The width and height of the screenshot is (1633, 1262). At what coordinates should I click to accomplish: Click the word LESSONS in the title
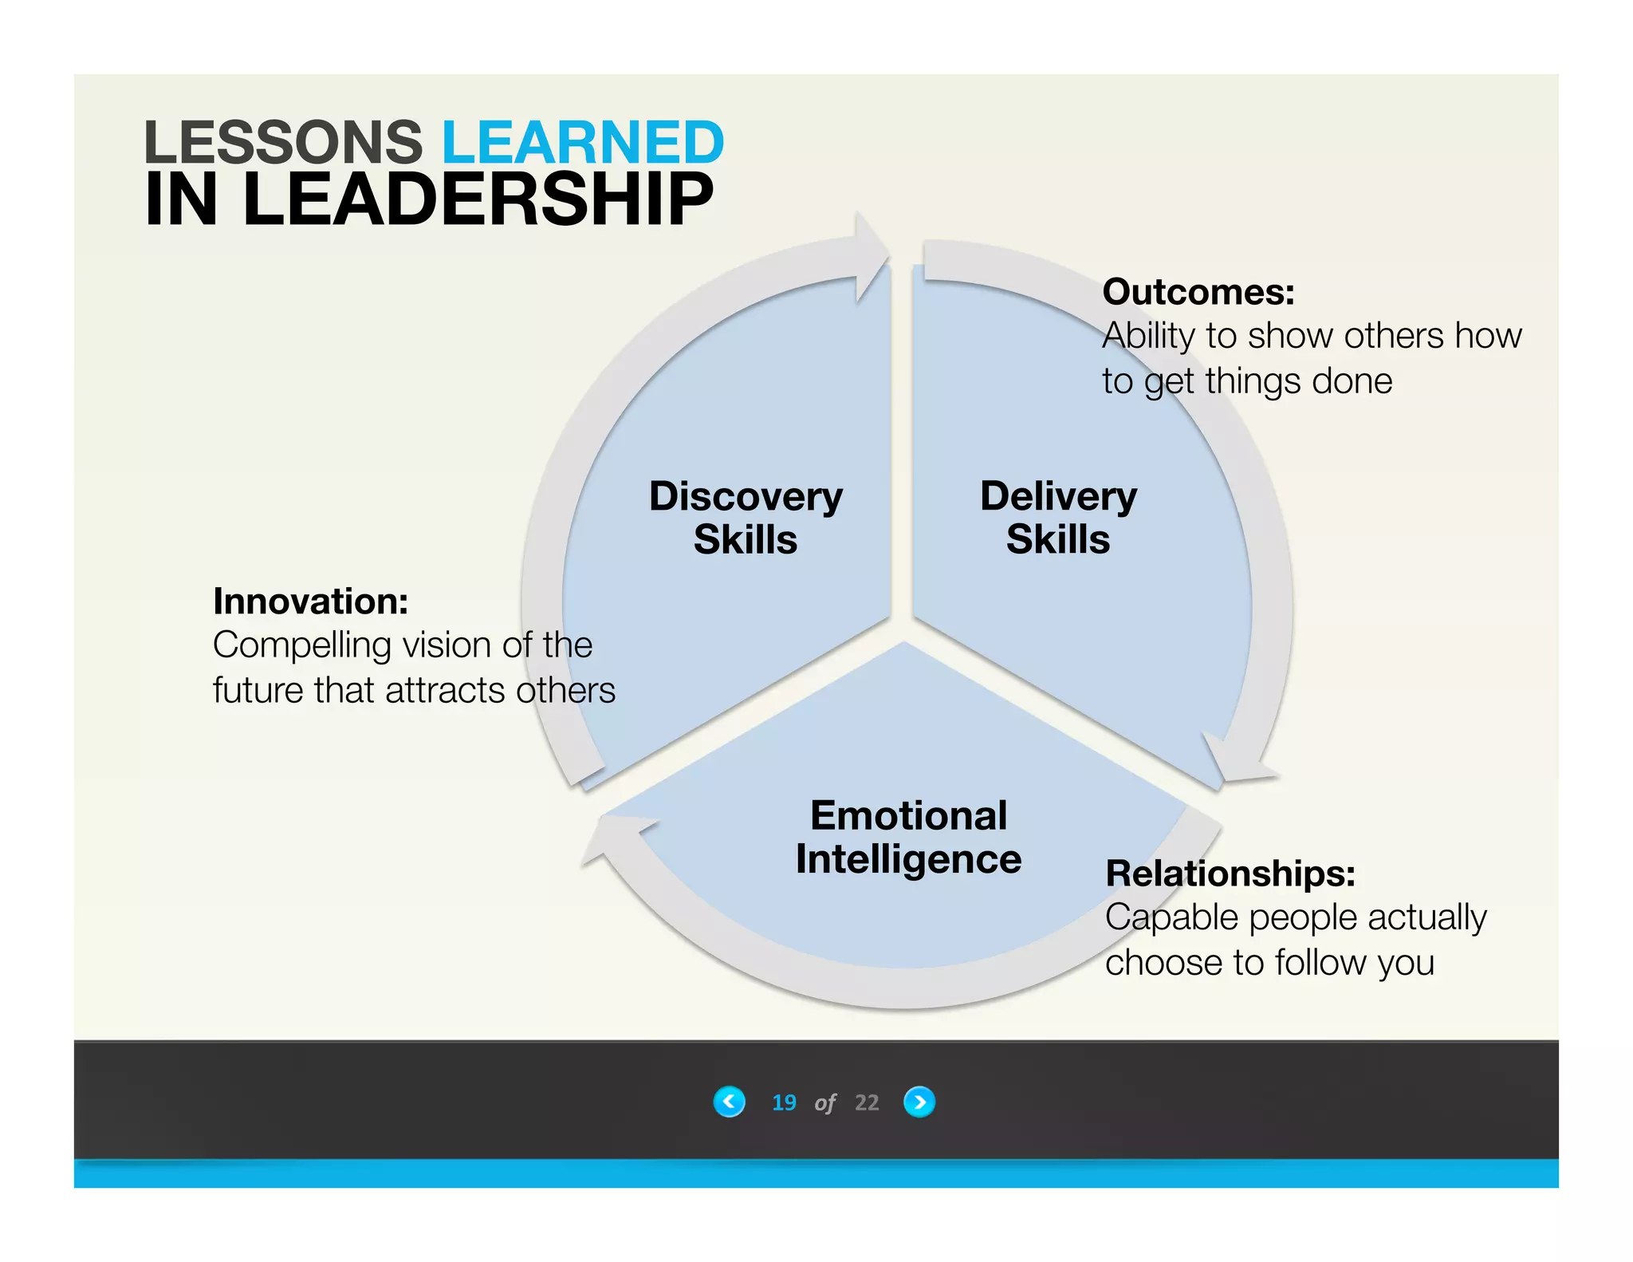282,143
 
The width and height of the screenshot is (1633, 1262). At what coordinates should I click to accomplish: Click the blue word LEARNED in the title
582,143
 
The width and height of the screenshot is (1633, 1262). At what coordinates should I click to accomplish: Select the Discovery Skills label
746,518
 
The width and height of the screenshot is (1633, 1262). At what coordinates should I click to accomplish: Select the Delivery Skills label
1058,518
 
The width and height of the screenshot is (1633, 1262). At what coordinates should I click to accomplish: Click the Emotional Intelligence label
908,838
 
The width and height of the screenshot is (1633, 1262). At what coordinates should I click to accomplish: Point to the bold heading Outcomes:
1198,292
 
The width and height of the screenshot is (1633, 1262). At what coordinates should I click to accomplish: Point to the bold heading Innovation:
310,601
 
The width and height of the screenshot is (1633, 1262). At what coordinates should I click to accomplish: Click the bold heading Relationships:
1230,874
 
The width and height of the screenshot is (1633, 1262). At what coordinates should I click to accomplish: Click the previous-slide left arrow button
729,1102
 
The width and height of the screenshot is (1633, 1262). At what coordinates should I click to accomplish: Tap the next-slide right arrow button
919,1102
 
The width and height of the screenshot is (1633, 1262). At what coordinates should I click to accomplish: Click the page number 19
784,1102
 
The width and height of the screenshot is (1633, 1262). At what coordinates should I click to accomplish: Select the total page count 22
867,1102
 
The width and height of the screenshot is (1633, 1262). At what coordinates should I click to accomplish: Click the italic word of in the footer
825,1103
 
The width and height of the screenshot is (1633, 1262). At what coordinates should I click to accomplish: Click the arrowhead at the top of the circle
871,255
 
